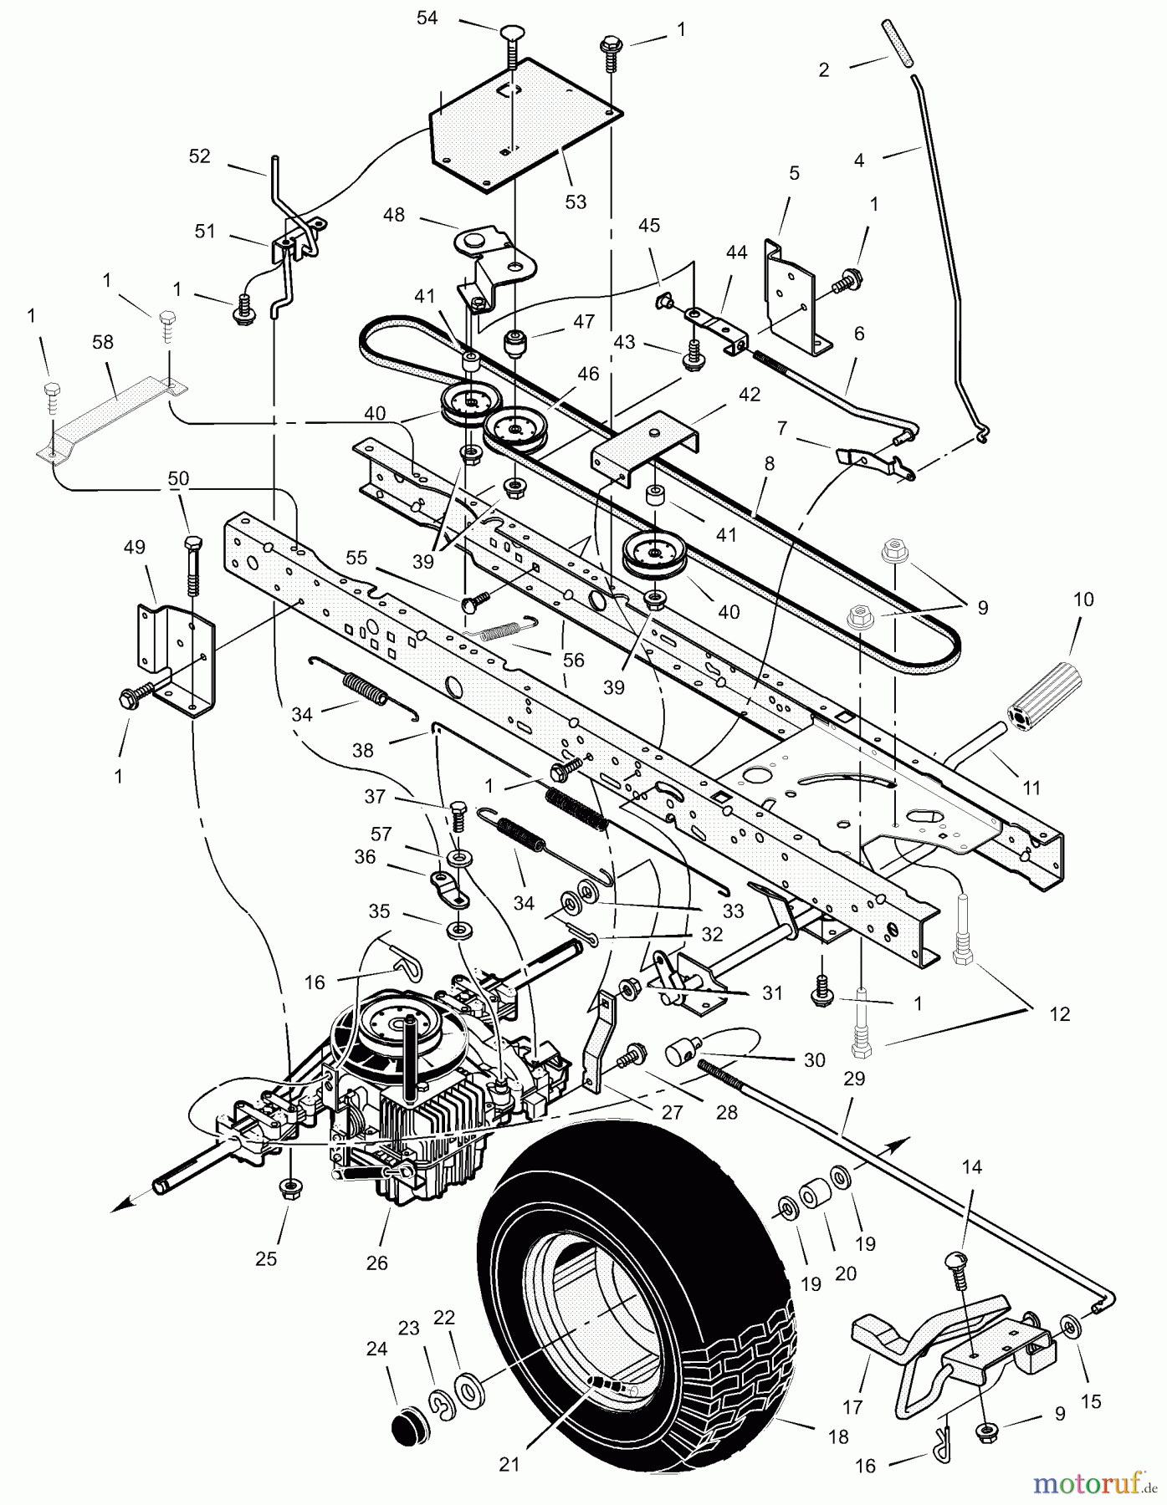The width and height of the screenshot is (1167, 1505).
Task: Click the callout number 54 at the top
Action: pos(427,18)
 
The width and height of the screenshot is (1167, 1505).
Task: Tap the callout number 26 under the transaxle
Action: pos(376,1263)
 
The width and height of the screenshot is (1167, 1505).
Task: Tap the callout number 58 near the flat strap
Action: pos(104,342)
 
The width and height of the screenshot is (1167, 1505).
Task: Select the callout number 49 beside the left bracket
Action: pos(134,547)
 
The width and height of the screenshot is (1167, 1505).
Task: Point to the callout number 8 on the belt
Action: pos(769,463)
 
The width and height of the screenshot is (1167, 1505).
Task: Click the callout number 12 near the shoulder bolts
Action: pos(1059,1014)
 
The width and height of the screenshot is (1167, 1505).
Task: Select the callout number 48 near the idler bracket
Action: pos(393,215)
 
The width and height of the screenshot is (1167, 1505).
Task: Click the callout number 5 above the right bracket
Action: pos(794,173)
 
